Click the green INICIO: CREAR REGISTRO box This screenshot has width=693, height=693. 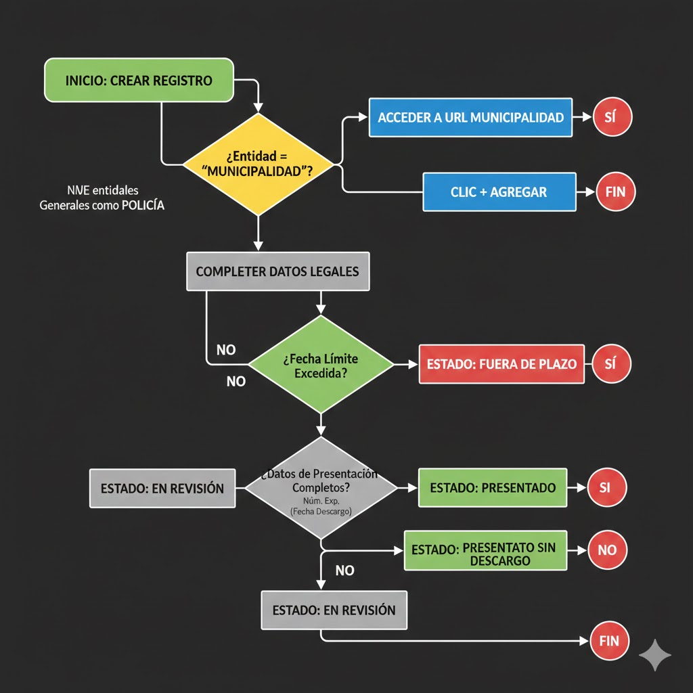point(139,81)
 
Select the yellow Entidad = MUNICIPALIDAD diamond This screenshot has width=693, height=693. point(257,164)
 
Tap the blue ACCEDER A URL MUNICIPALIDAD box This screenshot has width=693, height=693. point(470,118)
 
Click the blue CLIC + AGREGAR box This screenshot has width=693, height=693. point(499,192)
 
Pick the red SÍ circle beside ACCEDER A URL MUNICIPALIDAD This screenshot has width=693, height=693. point(612,118)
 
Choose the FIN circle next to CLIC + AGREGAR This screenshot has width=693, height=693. point(616,192)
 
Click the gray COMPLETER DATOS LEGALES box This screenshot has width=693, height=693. point(277,271)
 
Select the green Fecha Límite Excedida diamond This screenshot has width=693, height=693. point(321,364)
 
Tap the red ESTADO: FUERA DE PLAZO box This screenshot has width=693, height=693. point(501,364)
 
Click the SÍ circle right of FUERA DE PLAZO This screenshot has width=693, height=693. point(611,364)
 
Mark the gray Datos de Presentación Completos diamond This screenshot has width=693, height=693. point(321,487)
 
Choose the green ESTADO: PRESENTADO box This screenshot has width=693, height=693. point(493,487)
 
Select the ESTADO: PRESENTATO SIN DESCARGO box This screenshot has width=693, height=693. point(485,550)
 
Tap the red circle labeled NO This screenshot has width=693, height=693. point(607,550)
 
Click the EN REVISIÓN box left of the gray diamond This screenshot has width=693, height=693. point(162,488)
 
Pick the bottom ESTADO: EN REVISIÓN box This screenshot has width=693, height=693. point(334,610)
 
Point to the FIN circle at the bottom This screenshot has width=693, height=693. point(609,640)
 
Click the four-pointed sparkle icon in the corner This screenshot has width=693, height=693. point(655,655)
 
